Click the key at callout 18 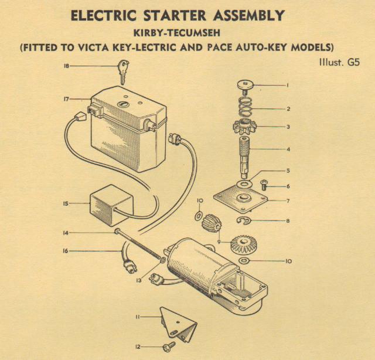[x=123, y=72]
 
